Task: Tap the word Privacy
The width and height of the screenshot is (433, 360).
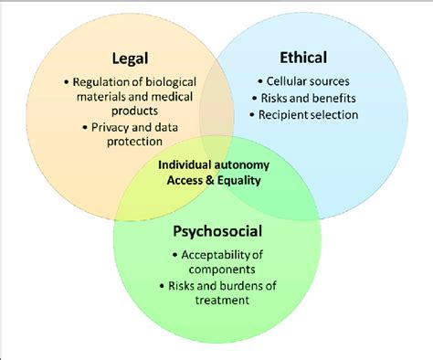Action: click(111, 127)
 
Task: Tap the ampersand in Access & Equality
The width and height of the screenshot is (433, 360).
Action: click(208, 180)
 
